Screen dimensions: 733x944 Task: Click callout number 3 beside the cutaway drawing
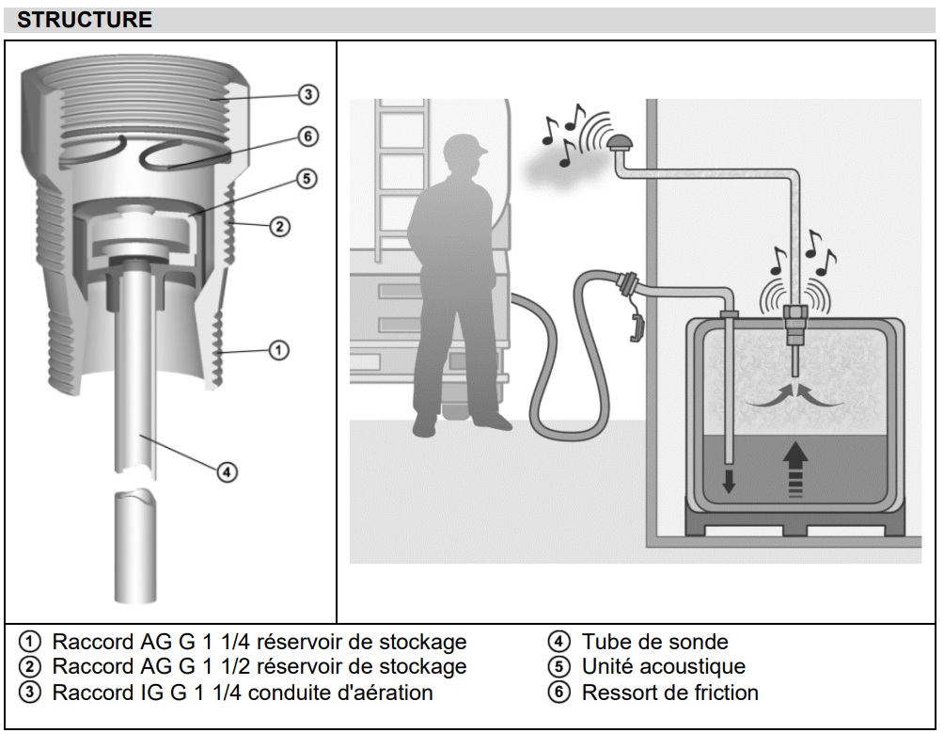(x=307, y=94)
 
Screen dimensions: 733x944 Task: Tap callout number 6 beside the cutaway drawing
(x=307, y=136)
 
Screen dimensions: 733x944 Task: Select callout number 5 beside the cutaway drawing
(x=307, y=179)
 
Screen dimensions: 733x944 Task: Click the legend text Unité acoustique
(x=663, y=667)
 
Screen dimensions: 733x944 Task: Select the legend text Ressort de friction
(x=669, y=693)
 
